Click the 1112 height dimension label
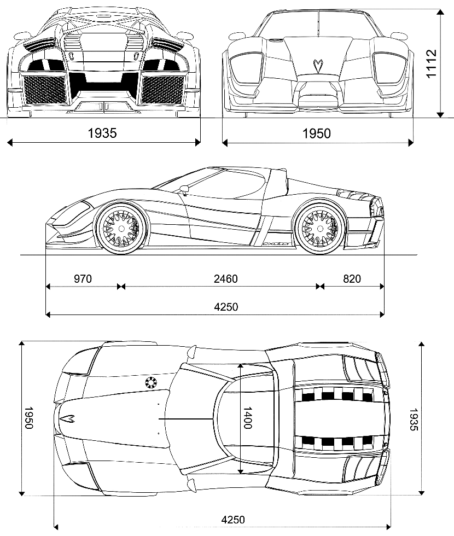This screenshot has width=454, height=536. tap(432, 63)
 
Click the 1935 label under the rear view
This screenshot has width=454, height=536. tap(102, 133)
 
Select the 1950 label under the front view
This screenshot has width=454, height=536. tap(317, 133)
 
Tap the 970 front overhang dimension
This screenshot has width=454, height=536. tap(83, 278)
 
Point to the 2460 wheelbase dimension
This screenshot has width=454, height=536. tap(225, 278)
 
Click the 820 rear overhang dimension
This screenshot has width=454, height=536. tap(352, 278)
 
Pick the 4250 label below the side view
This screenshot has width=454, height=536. tap(226, 307)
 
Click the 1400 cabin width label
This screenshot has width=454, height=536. tap(247, 418)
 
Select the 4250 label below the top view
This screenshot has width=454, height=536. tap(233, 520)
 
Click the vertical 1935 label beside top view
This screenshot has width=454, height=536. tap(414, 419)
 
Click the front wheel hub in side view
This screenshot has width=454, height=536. tap(121, 229)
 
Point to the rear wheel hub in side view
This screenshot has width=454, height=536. tap(320, 229)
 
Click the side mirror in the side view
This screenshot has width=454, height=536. tap(185, 188)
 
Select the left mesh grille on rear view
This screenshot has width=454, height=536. tap(44, 90)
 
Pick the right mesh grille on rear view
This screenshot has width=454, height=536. tap(162, 90)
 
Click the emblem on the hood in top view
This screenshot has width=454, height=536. tap(67, 418)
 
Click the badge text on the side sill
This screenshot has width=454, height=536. tap(276, 244)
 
